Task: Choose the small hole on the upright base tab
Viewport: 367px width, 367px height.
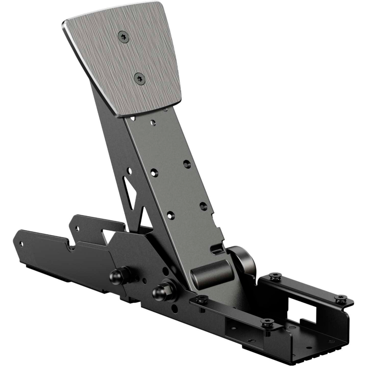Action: tap(77, 228)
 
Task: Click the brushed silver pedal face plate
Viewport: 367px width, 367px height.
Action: tap(125, 59)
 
